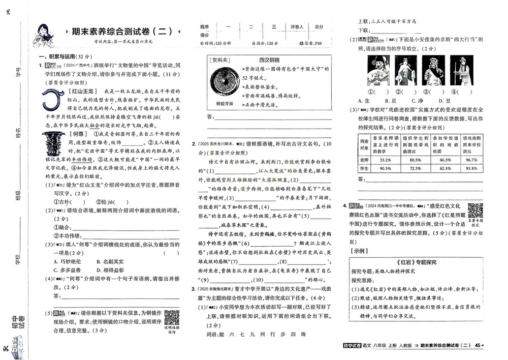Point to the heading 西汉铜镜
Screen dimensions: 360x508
click(269, 59)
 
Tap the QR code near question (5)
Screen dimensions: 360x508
click(172, 317)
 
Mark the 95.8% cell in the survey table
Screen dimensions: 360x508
click(471, 168)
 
